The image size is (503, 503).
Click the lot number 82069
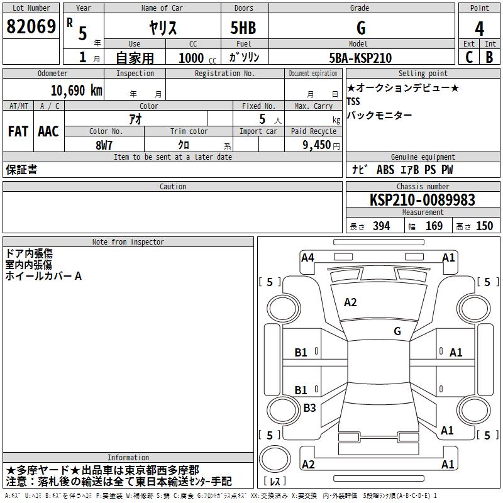pyautogui.click(x=31, y=26)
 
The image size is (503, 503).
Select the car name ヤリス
pyautogui.click(x=163, y=28)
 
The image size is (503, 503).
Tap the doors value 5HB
pyautogui.click(x=243, y=28)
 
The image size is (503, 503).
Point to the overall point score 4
pyautogui.click(x=479, y=28)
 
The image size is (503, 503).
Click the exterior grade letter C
pyautogui.click(x=469, y=57)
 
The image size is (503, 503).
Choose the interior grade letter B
pyautogui.click(x=489, y=57)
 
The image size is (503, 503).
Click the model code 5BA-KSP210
pyautogui.click(x=360, y=58)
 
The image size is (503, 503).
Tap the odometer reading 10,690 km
pyautogui.click(x=76, y=91)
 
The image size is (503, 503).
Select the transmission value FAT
pyautogui.click(x=18, y=131)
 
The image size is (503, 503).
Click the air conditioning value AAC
pyautogui.click(x=48, y=131)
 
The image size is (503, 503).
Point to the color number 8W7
pyautogui.click(x=104, y=145)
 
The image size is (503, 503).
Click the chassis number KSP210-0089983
pyautogui.click(x=422, y=200)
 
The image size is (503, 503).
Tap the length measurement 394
pyautogui.click(x=381, y=226)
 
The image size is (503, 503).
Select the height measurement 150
pyautogui.click(x=484, y=226)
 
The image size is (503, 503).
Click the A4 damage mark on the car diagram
pyautogui.click(x=307, y=257)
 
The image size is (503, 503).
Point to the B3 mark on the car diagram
pyautogui.click(x=309, y=408)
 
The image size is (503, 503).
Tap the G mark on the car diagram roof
pyautogui.click(x=397, y=331)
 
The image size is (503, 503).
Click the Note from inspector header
pyautogui.click(x=128, y=242)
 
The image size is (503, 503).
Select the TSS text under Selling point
pyautogui.click(x=353, y=101)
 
